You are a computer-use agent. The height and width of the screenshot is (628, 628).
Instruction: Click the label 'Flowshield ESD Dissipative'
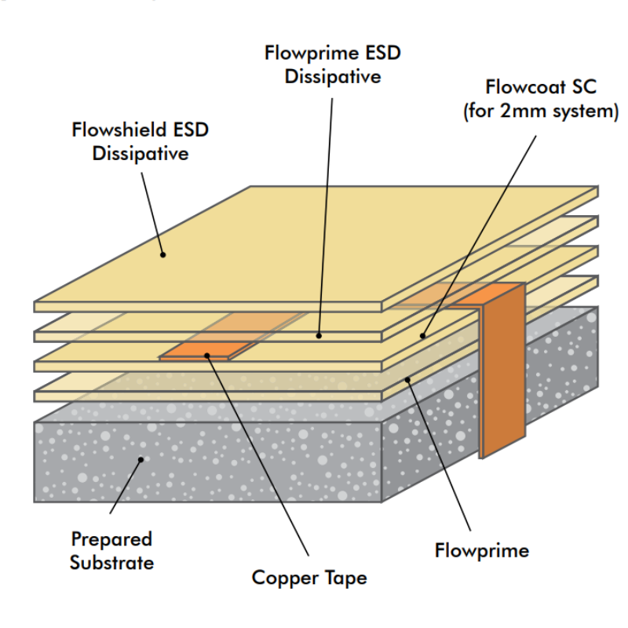coord(140,141)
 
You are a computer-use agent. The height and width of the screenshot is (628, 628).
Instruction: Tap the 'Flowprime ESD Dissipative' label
coord(333,65)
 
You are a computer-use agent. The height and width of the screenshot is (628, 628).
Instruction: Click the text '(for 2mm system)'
coord(539,111)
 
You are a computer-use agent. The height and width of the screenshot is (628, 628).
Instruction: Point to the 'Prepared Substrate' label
coord(111,550)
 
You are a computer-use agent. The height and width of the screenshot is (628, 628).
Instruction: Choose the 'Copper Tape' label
coord(309,579)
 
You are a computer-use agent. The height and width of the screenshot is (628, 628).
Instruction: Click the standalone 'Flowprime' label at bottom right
coord(481,550)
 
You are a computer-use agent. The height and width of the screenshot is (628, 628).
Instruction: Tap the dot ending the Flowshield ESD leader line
coord(162,254)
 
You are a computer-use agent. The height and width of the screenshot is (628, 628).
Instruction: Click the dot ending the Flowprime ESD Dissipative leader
coord(319,335)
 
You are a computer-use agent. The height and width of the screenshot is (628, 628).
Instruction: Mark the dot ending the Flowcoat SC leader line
coord(422,336)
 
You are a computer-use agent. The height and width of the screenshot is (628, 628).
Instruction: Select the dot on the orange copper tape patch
coord(208,355)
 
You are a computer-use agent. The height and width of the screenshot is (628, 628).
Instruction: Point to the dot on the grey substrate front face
coord(141,460)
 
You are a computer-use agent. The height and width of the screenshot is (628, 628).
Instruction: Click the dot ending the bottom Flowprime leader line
coord(408,379)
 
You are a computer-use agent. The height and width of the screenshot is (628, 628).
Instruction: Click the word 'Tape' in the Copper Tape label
coord(345,579)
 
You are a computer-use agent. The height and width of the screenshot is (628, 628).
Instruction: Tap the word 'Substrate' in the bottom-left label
coord(111,562)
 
